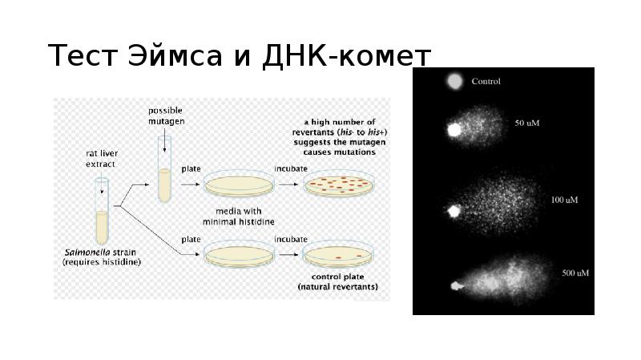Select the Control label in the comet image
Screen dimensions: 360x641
click(x=486, y=82)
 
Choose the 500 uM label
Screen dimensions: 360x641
click(x=575, y=273)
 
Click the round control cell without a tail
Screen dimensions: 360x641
click(x=454, y=81)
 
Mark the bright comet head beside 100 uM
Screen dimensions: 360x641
click(x=454, y=212)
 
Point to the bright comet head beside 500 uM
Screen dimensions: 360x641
click(x=458, y=285)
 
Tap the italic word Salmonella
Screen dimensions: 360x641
click(x=87, y=252)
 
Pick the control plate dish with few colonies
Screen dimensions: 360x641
click(x=337, y=257)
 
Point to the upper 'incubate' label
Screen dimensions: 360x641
click(x=290, y=169)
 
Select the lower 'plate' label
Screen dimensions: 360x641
click(x=191, y=239)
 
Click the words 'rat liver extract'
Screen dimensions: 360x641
click(x=102, y=158)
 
